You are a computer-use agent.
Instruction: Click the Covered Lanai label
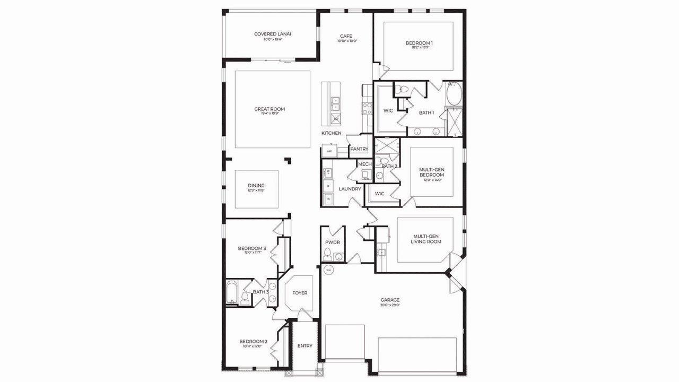[272, 34]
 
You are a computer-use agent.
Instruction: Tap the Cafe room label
[346, 37]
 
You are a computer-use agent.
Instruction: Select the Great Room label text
[269, 109]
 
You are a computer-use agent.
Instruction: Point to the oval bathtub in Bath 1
[454, 94]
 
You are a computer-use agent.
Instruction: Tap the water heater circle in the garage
[328, 270]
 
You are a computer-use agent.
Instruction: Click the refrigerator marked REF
[329, 152]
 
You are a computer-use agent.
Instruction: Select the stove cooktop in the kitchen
[367, 109]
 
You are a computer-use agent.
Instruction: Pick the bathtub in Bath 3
[233, 292]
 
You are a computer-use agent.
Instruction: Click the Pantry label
[359, 150]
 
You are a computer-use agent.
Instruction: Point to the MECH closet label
[364, 164]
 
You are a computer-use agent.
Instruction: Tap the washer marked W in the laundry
[328, 199]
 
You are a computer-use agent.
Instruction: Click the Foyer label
[300, 293]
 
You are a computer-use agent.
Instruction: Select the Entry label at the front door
[305, 346]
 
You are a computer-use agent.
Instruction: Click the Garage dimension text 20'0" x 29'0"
[390, 305]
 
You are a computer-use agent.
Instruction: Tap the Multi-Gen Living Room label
[426, 239]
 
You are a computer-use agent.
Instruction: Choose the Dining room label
[256, 186]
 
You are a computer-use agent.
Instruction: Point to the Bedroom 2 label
[254, 342]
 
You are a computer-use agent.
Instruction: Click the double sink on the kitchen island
[336, 102]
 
